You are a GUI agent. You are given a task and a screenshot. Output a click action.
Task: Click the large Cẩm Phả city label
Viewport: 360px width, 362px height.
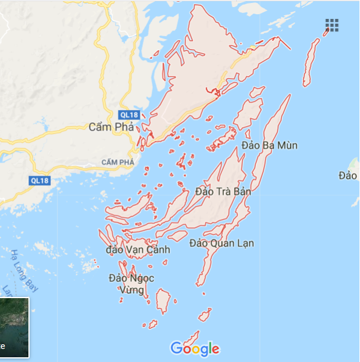(111, 127)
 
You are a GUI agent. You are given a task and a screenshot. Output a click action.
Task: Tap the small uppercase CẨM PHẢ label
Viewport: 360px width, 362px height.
(118, 162)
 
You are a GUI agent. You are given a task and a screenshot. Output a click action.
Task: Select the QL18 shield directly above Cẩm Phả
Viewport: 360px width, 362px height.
(128, 114)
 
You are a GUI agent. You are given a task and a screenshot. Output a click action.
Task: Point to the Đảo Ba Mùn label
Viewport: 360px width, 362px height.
(269, 146)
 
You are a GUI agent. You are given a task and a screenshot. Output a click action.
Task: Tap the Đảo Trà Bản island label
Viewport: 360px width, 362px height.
(223, 192)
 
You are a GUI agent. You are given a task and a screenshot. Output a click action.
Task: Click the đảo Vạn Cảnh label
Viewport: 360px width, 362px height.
(137, 250)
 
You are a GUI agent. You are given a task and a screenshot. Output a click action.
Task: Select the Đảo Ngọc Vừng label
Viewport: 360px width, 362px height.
(131, 284)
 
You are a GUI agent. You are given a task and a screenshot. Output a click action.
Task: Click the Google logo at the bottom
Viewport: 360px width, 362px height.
(194, 349)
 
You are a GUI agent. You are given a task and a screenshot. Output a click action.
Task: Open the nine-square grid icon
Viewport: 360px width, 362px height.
(332, 25)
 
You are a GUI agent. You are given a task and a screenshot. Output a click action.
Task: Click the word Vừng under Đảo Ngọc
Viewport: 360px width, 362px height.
(131, 290)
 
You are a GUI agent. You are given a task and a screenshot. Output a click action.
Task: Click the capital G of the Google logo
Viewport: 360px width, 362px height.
(176, 348)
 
